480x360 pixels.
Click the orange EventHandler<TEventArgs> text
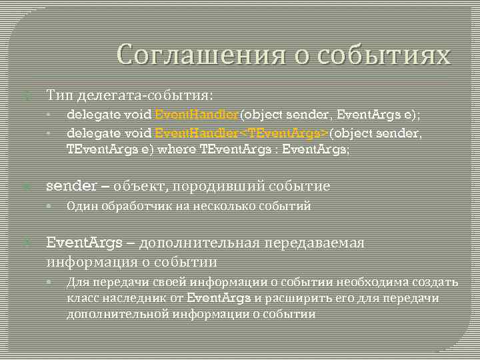(x=241, y=134)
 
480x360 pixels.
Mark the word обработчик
(x=135, y=206)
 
